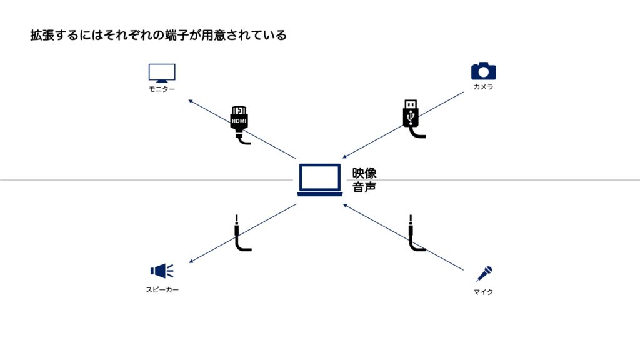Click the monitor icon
pos(162,73)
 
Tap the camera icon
pos(483,71)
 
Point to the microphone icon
pos(484,274)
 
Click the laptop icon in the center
pos(320,180)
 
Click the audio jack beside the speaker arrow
pos(241,234)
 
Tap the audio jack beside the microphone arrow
pos(414,234)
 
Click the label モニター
pos(162,89)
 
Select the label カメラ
pos(483,87)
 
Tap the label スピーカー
pos(162,290)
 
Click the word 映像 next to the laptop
pos(364,173)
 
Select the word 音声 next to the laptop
pos(364,187)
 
